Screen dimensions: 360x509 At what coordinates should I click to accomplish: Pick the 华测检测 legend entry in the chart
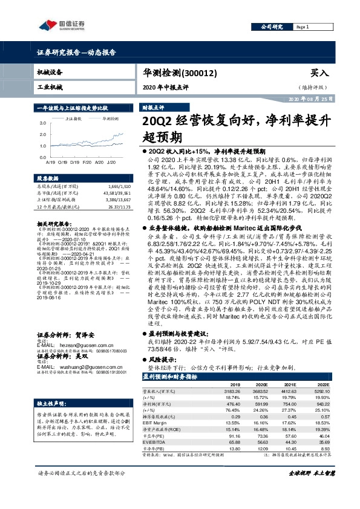click(x=110, y=119)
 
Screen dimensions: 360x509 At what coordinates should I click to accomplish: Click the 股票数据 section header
click(x=48, y=179)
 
